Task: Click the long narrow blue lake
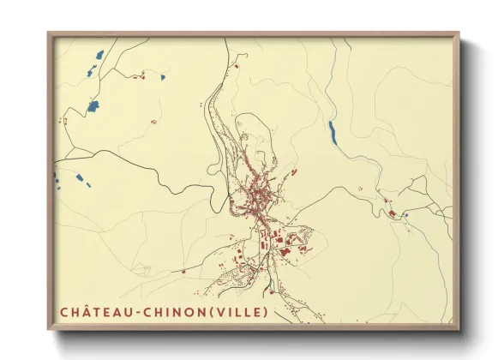332,130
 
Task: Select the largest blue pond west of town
93,106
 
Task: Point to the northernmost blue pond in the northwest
97,57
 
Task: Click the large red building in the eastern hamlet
392,212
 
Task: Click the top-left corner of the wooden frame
49,34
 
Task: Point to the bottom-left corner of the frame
49,329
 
